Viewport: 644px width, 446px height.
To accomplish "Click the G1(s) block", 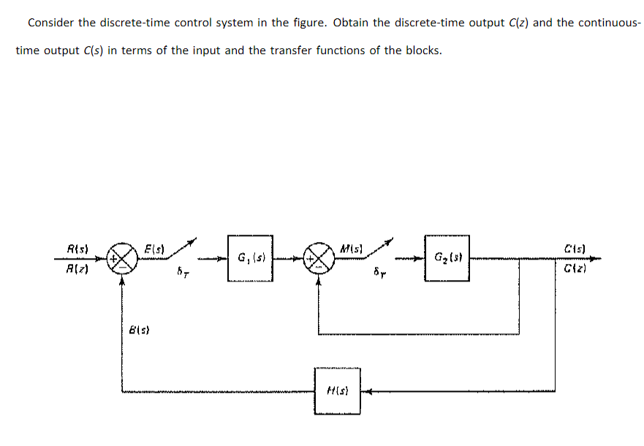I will click(x=250, y=257).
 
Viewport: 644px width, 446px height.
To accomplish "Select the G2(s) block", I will click(x=446, y=257).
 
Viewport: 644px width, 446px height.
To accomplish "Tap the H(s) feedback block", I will click(x=337, y=391).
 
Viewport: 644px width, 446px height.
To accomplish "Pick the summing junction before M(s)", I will click(x=318, y=257).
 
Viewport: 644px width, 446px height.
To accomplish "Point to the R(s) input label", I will click(x=77, y=249).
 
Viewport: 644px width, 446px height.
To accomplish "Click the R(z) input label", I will click(x=77, y=268).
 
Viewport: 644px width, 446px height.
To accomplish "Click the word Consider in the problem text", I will click(x=50, y=23).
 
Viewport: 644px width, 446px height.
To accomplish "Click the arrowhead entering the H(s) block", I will click(x=366, y=391).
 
